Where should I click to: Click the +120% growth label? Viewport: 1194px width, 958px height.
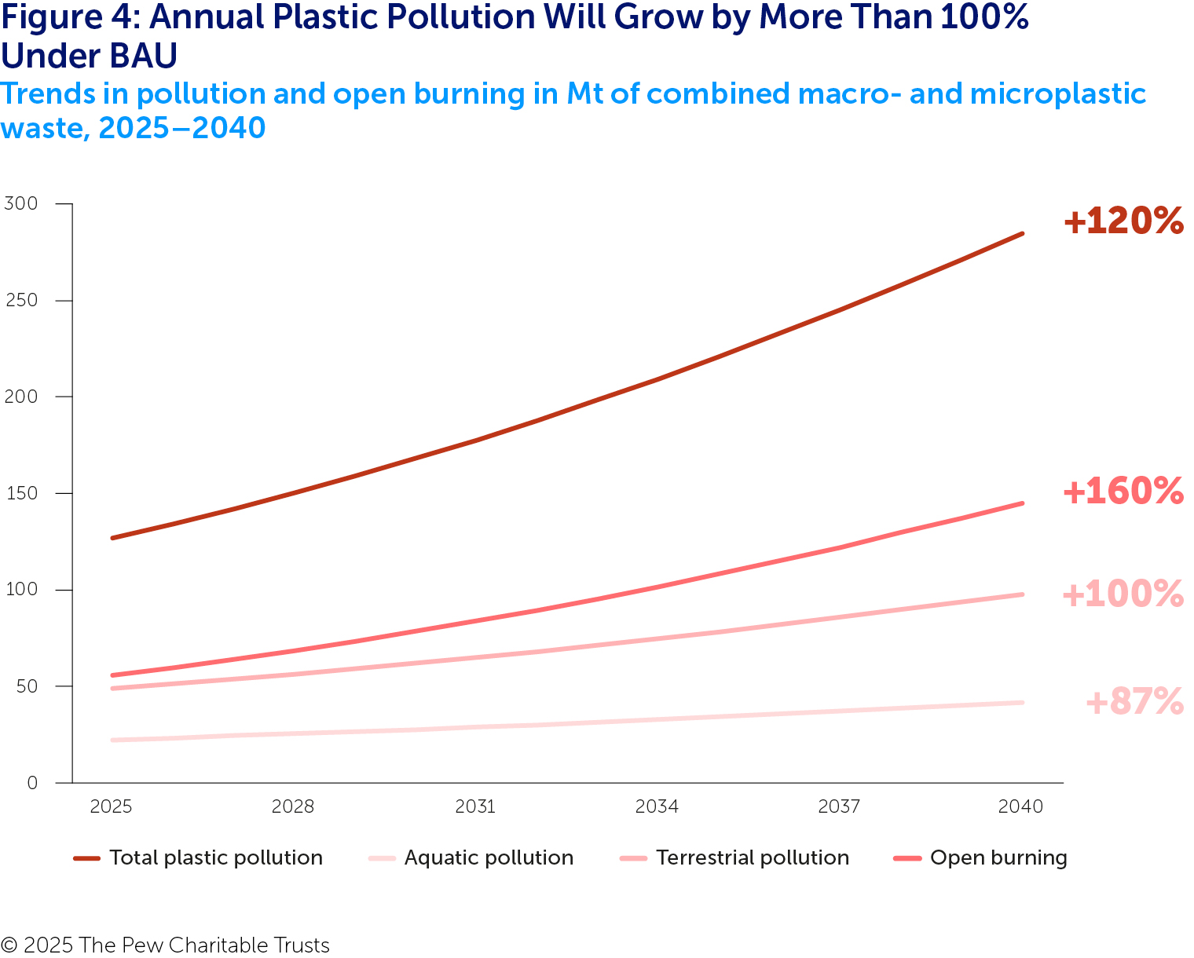pos(1123,221)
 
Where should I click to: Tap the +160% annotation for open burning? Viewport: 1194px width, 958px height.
pos(1123,492)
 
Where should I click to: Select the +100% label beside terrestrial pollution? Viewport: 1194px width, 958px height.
pos(1123,594)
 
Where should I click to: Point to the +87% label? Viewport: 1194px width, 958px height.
pos(1134,702)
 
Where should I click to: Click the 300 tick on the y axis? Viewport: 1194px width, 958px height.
pos(21,204)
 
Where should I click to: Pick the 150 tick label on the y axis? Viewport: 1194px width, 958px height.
pos(21,493)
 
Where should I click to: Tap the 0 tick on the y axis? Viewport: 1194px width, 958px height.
pos(31,783)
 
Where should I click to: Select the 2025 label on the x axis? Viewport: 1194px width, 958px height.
pos(111,807)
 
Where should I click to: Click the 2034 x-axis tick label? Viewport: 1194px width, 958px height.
pos(657,807)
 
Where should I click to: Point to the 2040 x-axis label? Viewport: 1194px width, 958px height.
pos(1020,807)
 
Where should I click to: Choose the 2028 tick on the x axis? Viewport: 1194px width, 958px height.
pos(293,807)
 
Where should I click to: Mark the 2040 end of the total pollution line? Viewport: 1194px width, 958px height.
pos(1022,233)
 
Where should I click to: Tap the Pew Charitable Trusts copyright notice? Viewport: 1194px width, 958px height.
pos(165,945)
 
